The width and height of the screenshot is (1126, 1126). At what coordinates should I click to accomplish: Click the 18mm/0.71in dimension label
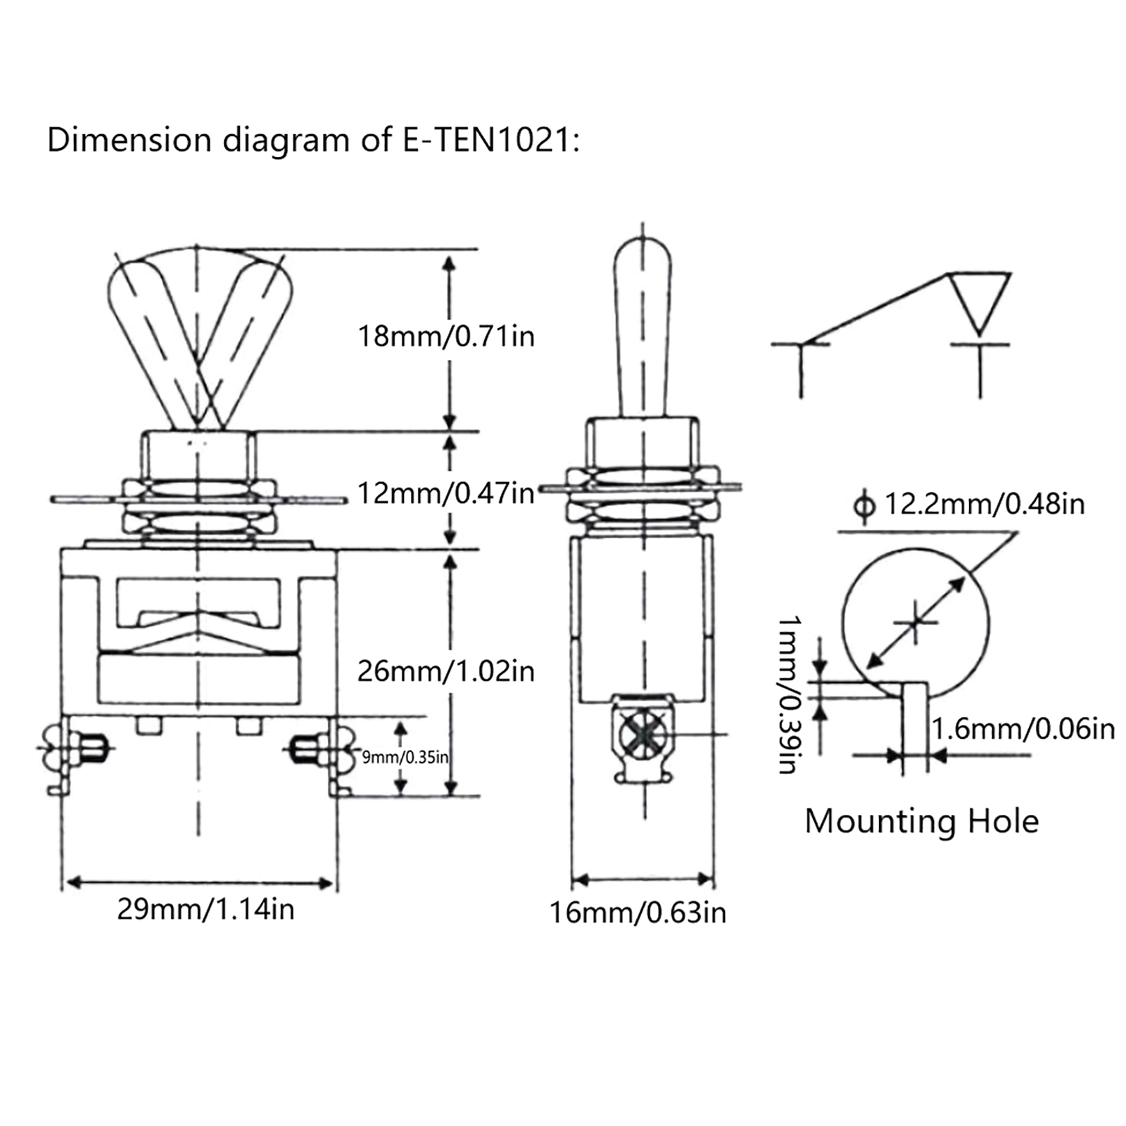tap(446, 336)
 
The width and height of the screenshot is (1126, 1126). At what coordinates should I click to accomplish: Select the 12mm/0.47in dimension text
tap(446, 493)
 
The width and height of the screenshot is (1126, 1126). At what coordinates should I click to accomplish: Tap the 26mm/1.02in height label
tap(446, 671)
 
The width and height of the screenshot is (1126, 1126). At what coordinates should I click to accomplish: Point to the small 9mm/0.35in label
tap(405, 757)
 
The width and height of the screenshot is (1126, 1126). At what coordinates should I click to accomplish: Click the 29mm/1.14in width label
tap(205, 909)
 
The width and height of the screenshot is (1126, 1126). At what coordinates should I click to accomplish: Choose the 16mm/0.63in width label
tap(638, 913)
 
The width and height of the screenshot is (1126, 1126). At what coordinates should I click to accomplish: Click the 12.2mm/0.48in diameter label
tap(984, 504)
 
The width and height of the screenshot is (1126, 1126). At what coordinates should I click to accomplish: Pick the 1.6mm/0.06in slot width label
tap(1024, 729)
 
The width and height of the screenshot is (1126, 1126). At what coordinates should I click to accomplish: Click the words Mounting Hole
tap(921, 821)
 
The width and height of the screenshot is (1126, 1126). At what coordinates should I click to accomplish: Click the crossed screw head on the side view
tap(643, 735)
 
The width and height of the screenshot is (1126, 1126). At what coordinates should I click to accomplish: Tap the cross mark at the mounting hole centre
tap(915, 622)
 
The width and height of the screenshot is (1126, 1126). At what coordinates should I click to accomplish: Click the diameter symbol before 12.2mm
tap(864, 505)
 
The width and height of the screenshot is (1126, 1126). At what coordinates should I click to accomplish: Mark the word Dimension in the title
tap(129, 140)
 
